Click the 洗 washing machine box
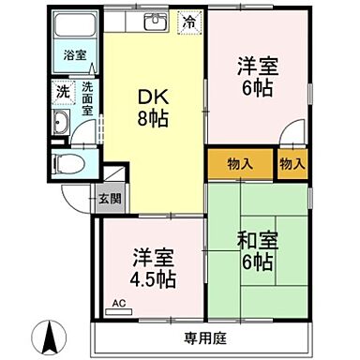pos(62,92)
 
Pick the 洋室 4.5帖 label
pos(152,268)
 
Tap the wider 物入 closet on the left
pos(240,164)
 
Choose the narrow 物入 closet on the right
pos(292,164)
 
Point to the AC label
pos(118,304)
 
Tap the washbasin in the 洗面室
pos(63,123)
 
